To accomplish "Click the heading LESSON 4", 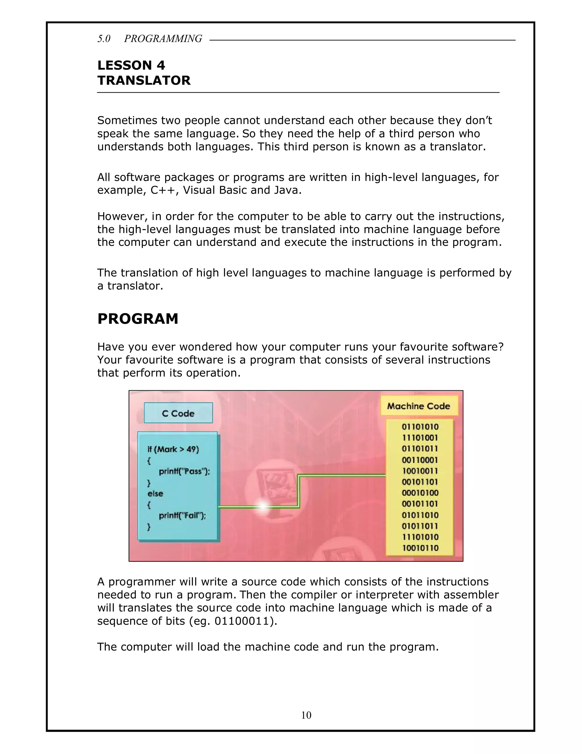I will [x=131, y=65].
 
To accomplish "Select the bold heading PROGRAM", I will [x=138, y=319].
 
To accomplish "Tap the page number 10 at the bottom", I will [x=306, y=715].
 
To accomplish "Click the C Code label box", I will [x=178, y=413].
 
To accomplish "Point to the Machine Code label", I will [x=419, y=406].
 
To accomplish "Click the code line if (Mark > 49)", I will [x=173, y=449].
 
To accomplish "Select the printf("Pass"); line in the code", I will [x=184, y=471].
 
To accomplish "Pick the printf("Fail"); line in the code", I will [x=182, y=516].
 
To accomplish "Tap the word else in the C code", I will [x=155, y=493].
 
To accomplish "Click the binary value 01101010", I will [x=420, y=427].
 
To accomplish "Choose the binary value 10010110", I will [x=420, y=548].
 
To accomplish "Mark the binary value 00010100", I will [x=420, y=493].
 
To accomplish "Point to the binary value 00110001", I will [x=420, y=460].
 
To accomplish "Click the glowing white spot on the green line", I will [x=263, y=506].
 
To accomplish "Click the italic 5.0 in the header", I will [x=104, y=39].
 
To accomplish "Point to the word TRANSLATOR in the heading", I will [x=144, y=81].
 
